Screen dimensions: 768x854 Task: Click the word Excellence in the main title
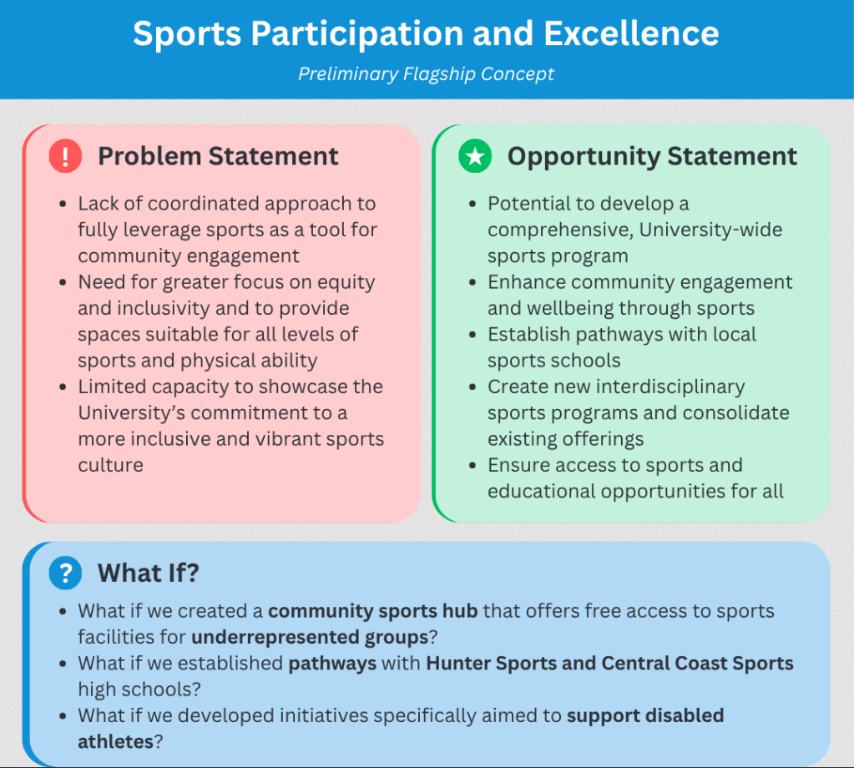[631, 33]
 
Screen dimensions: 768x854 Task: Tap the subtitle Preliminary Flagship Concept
[427, 73]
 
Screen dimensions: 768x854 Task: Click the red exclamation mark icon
[65, 156]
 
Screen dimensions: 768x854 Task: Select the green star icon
[475, 156]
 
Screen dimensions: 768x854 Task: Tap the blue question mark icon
[65, 573]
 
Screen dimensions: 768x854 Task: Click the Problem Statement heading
[218, 156]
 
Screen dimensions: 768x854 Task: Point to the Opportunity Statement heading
[652, 156]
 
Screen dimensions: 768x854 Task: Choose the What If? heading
[149, 573]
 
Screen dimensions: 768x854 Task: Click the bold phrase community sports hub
[372, 611]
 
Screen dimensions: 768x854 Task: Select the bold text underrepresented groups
[309, 638]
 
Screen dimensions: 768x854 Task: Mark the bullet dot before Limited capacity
[63, 387]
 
